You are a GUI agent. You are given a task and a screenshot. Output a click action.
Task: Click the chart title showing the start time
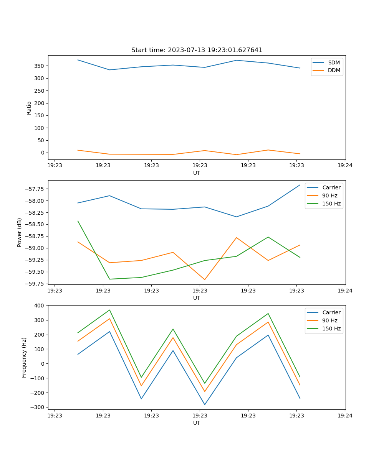click(x=197, y=50)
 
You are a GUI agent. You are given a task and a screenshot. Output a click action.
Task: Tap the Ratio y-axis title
click(x=29, y=108)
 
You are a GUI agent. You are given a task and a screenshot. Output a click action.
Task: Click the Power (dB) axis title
click(x=20, y=232)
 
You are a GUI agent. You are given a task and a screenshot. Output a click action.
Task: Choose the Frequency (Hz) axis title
click(x=24, y=357)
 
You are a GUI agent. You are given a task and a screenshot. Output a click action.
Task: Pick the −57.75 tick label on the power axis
click(x=34, y=189)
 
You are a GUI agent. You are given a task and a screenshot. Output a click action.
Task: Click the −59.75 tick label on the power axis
click(x=34, y=284)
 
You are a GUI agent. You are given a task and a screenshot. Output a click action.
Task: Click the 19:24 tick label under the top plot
click(x=344, y=165)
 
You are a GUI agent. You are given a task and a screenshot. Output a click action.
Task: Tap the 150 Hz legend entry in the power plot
click(x=331, y=204)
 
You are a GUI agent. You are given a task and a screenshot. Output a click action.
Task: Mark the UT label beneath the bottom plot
click(x=197, y=423)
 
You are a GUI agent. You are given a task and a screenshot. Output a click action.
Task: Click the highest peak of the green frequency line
click(x=109, y=310)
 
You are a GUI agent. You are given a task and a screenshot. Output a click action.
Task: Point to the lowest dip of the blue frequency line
click(x=205, y=404)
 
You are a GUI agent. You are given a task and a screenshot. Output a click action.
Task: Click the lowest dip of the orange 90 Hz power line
click(x=205, y=279)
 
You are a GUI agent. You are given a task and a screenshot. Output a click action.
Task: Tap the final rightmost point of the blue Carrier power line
click(x=300, y=185)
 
